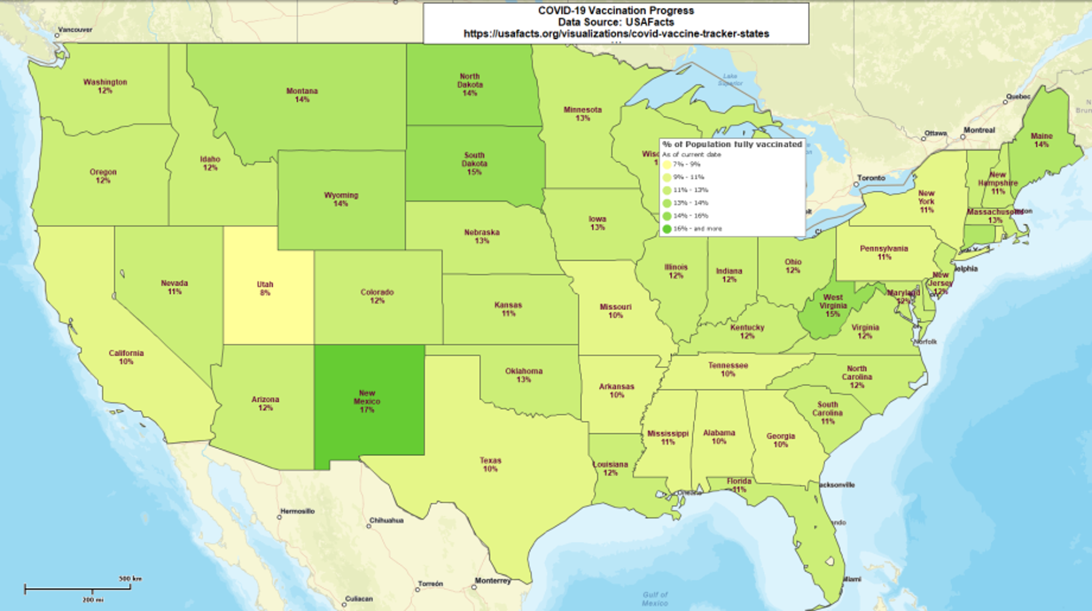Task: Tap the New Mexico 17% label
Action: click(367, 401)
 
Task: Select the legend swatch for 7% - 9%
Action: click(667, 164)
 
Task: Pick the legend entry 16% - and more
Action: click(697, 229)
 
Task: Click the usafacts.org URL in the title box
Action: click(616, 34)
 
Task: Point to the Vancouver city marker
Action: click(57, 36)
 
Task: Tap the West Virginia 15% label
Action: click(833, 305)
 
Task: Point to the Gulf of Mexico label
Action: click(655, 599)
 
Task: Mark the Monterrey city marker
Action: click(474, 587)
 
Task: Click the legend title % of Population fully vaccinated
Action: click(732, 144)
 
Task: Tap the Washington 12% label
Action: click(105, 86)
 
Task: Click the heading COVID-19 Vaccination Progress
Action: click(616, 11)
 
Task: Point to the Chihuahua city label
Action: click(386, 520)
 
